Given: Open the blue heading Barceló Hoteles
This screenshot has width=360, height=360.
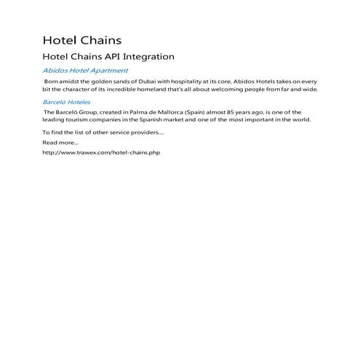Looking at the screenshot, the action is click(66, 103).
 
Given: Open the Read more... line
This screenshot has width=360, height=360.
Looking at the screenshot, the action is click(60, 143).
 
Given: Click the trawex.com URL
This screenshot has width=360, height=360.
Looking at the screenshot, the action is click(100, 153).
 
